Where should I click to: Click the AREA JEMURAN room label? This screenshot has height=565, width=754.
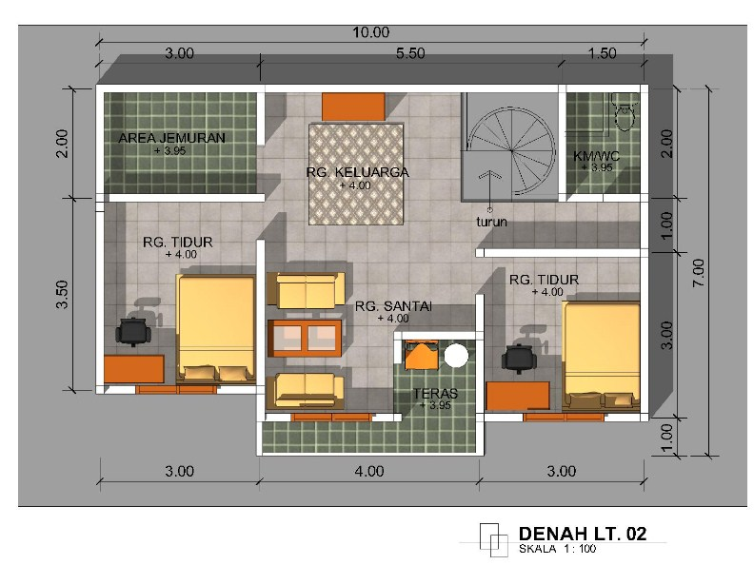point(171,138)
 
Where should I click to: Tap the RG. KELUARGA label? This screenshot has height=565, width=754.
point(358,172)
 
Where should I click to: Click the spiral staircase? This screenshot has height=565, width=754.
point(510,147)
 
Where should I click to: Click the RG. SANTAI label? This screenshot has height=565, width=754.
point(393,306)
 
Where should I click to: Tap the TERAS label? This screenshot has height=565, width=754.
point(436,393)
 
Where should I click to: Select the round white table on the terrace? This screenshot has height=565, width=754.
point(457,356)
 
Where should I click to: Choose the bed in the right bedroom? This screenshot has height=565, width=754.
point(600,348)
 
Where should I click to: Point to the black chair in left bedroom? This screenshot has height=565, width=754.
point(132,330)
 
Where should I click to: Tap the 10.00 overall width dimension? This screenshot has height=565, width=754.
point(370,32)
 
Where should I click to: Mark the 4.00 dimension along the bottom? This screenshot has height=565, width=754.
point(369,470)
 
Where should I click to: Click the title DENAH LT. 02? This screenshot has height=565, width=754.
point(583,534)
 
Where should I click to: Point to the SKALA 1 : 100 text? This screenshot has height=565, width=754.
point(558,550)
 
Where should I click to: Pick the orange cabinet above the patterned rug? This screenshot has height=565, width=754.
point(353,106)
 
